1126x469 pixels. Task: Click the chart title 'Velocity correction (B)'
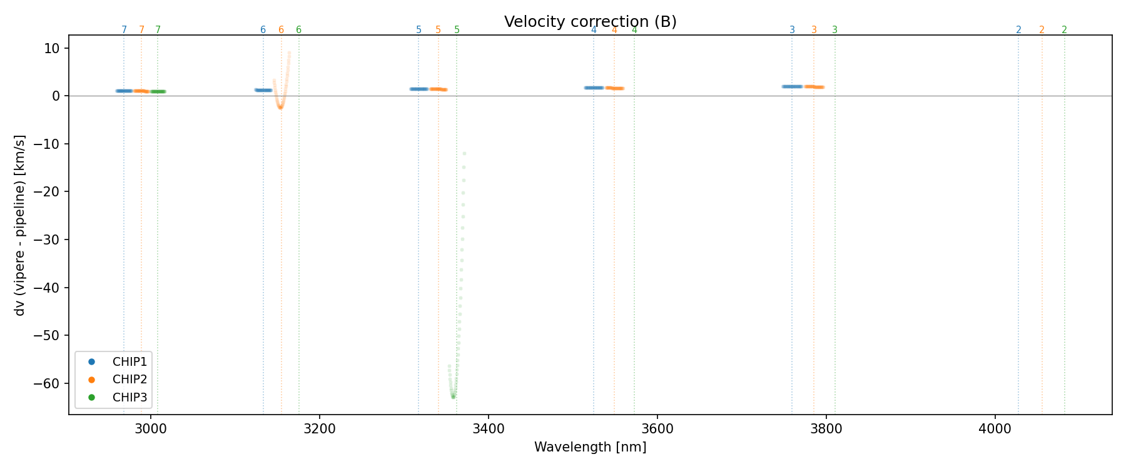pyautogui.click(x=590, y=22)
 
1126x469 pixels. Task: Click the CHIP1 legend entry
pyautogui.click(x=129, y=361)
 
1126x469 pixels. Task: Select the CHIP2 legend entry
pyautogui.click(x=129, y=379)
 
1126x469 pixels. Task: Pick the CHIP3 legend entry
pyautogui.click(x=129, y=397)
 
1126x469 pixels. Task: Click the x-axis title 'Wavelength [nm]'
pyautogui.click(x=590, y=447)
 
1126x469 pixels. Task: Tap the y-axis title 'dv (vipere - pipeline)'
pyautogui.click(x=20, y=225)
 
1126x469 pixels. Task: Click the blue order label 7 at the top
pyautogui.click(x=124, y=30)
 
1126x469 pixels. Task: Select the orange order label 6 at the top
pyautogui.click(x=281, y=30)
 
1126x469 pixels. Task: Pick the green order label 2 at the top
pyautogui.click(x=1064, y=30)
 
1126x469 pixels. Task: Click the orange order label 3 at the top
pyautogui.click(x=814, y=30)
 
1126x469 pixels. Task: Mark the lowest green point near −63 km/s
pyautogui.click(x=453, y=397)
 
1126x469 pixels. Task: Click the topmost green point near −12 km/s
pyautogui.click(x=464, y=154)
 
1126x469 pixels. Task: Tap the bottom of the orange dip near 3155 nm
pyautogui.click(x=280, y=108)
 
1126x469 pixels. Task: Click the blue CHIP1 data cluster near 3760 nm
pyautogui.click(x=792, y=86)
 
